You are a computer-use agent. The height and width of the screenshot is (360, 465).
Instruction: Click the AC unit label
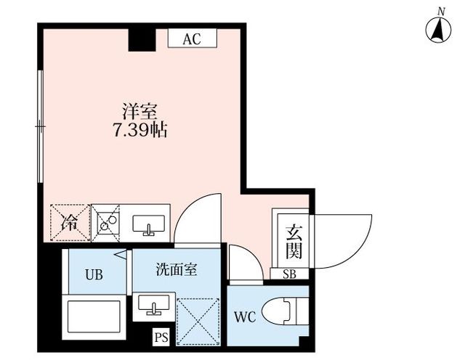[192, 38]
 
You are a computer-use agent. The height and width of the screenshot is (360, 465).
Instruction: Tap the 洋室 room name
[139, 111]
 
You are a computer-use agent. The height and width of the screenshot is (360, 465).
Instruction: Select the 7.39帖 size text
[139, 130]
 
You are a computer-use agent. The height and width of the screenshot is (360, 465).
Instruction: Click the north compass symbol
[439, 29]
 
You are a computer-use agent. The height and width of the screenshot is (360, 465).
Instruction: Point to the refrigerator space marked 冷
[70, 223]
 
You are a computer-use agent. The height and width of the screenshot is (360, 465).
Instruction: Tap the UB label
[94, 275]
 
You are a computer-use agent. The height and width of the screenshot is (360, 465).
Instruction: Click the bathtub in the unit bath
[94, 316]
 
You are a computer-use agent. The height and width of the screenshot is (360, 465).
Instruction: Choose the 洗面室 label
[177, 270]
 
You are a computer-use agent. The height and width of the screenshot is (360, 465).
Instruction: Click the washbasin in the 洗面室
[153, 306]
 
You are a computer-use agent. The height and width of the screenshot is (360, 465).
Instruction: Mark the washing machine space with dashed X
[198, 322]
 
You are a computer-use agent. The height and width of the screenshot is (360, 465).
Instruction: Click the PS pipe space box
[161, 337]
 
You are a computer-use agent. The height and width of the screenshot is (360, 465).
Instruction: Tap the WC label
[245, 317]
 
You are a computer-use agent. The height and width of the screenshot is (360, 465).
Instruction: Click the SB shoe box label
[289, 274]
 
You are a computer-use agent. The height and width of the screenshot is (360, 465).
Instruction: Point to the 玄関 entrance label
[294, 242]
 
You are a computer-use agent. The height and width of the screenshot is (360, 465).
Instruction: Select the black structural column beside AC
[142, 40]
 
